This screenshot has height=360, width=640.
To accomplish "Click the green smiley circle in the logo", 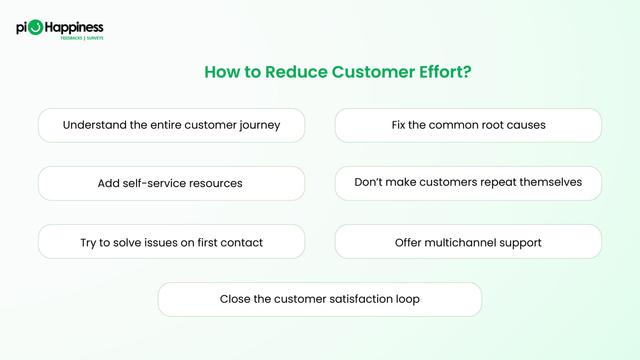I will [35, 27].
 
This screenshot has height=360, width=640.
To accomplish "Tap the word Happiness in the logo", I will [74, 27].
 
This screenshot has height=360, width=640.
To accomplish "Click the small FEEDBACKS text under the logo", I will [71, 38].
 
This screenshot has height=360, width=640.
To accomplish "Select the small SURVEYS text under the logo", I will [95, 38].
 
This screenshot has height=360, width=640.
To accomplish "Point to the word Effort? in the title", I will [445, 72].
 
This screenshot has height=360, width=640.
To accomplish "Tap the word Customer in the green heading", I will [373, 72].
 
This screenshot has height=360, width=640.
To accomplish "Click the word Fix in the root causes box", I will [398, 125].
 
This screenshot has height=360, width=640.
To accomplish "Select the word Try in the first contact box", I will [88, 243].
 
